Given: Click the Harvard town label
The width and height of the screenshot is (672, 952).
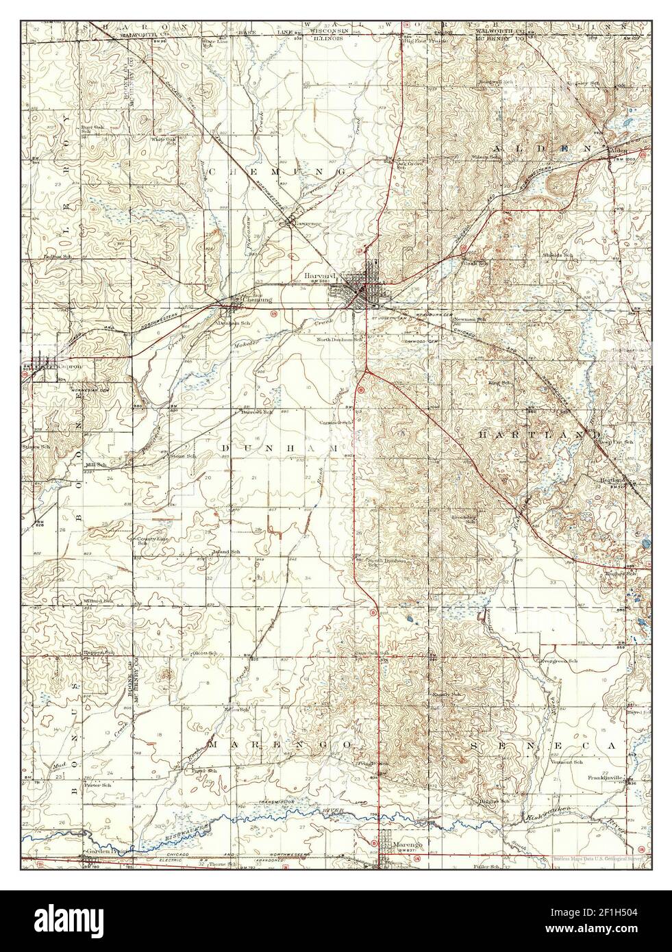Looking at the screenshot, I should pos(316,277).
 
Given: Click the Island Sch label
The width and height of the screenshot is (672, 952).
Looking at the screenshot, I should pos(226,551).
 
